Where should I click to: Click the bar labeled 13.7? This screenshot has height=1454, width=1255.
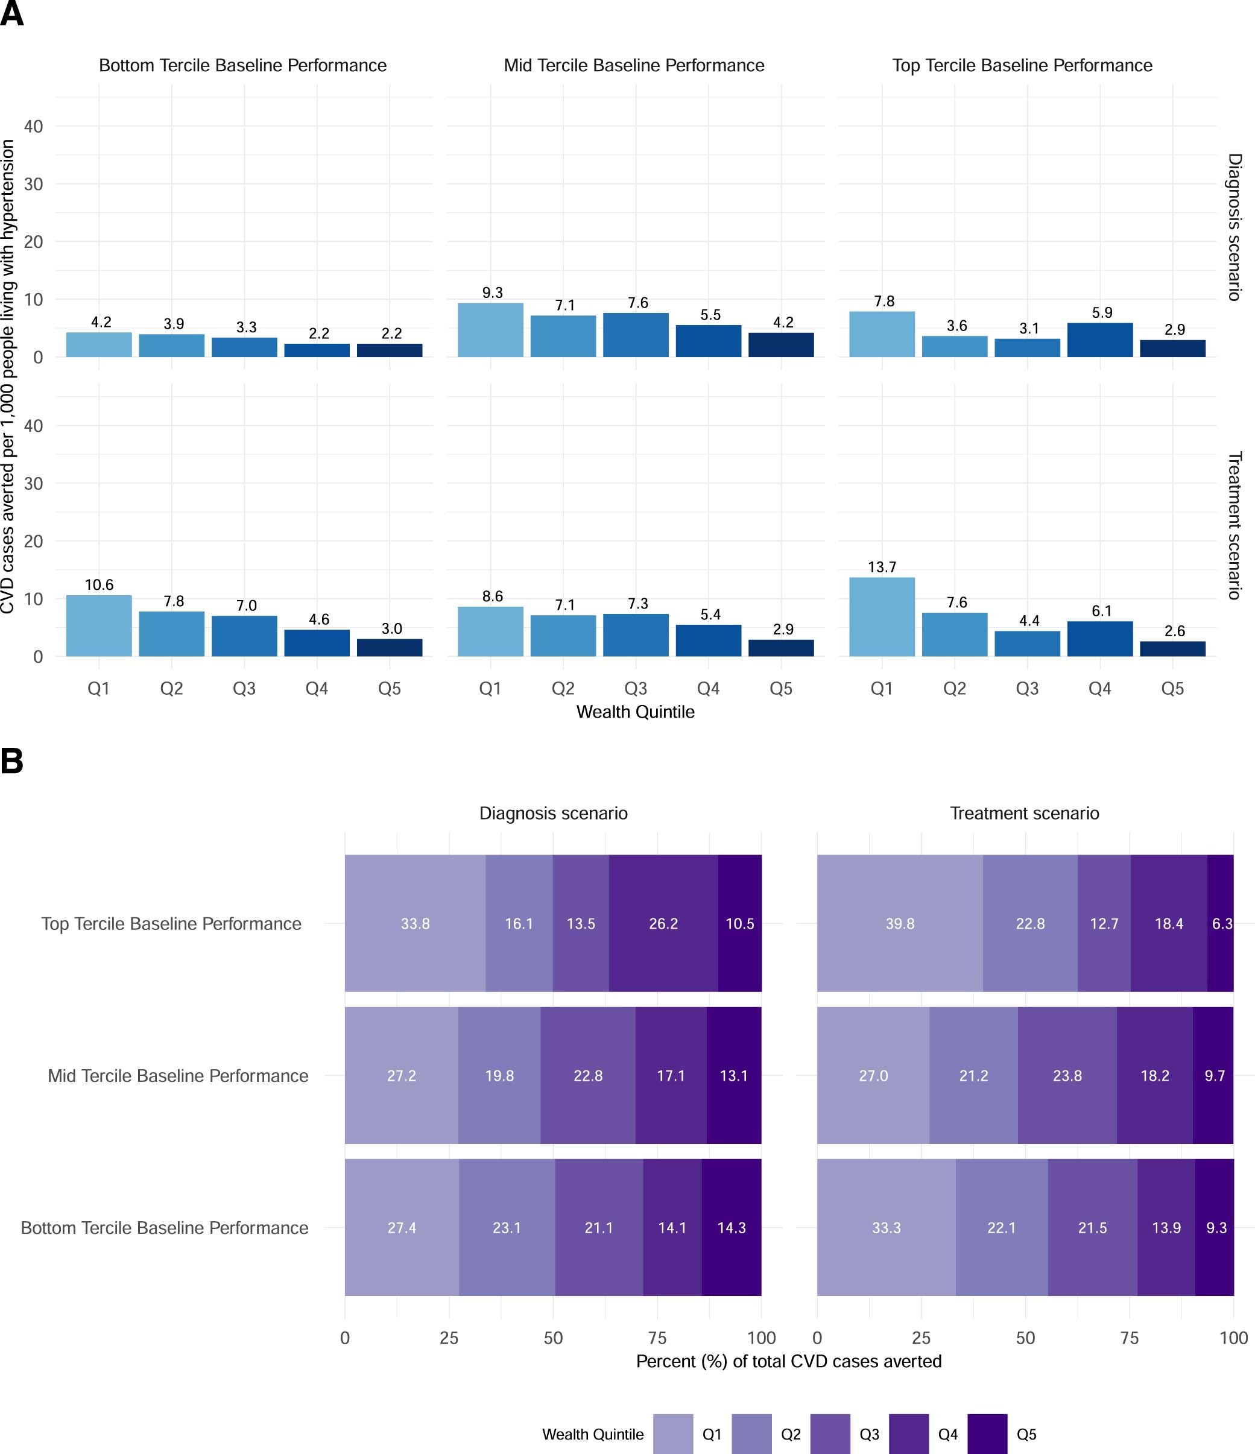point(882,617)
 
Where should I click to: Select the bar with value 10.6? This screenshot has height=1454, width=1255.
point(99,626)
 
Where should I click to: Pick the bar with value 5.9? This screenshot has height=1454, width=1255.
point(1100,340)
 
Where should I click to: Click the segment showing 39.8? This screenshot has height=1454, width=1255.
point(900,923)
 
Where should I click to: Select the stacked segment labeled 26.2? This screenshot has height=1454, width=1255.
point(663,923)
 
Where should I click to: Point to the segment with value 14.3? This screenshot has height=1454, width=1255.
point(732,1227)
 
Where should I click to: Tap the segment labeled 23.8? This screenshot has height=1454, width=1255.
point(1067,1076)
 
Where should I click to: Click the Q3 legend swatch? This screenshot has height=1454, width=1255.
point(830,1433)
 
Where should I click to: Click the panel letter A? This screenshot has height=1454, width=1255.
point(12,14)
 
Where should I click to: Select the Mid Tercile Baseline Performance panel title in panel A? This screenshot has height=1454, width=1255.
point(634,65)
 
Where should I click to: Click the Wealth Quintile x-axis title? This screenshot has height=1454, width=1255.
point(635,712)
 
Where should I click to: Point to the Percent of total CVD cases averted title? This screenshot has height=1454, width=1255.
point(788,1361)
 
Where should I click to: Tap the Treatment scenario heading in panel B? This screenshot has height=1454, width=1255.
point(1024,814)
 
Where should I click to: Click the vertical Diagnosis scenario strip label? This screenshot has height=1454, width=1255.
point(1234,227)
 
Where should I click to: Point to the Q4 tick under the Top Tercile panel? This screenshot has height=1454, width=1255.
point(1100,689)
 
